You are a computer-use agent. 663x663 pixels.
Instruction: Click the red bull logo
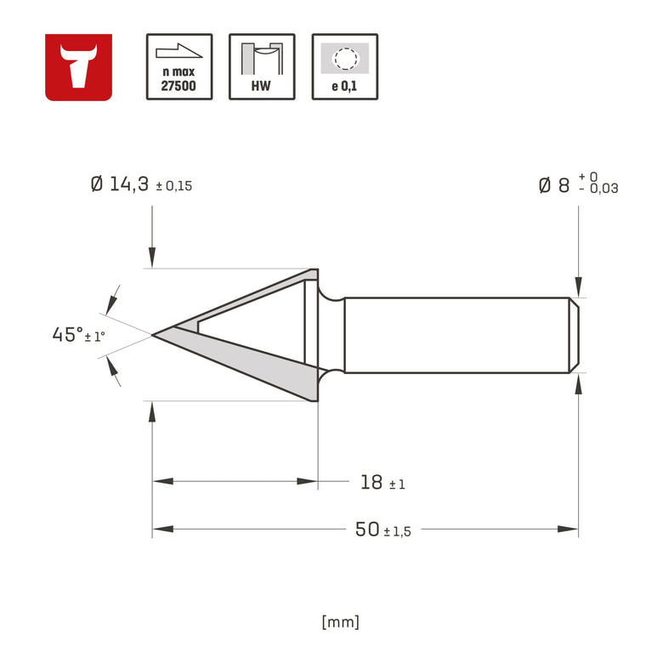pos(78,67)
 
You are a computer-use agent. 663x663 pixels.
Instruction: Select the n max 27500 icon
pos(178,67)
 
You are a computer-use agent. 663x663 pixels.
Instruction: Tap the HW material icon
pos(262,67)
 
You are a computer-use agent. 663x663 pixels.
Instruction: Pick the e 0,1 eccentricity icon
pos(344,67)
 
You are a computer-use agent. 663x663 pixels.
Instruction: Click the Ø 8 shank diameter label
pos(553,185)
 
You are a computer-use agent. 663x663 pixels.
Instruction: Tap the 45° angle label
pos(67,335)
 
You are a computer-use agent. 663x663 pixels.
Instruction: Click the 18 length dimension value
pos(371,483)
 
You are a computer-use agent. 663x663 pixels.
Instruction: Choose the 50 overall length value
pos(366,530)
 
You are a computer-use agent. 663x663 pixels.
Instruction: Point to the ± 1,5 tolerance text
pos(397,532)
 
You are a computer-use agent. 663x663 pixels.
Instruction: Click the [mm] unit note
pos(341,621)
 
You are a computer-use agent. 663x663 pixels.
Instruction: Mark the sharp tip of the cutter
pos(154,335)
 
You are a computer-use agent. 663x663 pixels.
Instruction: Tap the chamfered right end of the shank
pos(575,335)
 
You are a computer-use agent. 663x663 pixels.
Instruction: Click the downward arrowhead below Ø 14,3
pos(152,258)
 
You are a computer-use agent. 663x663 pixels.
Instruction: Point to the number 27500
pos(178,86)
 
